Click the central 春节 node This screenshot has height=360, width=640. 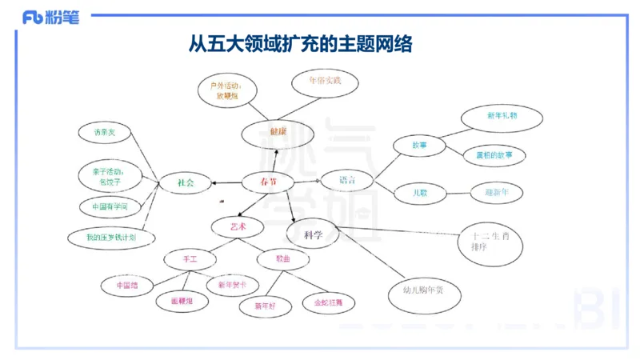pos(269,182)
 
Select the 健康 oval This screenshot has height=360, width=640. pos(277,133)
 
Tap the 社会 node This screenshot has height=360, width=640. pos(186,183)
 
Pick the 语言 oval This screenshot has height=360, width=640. pos(347,180)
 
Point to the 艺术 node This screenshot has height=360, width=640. pos(238,227)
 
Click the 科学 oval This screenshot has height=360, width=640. pos(313,234)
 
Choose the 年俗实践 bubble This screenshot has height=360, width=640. pos(324,82)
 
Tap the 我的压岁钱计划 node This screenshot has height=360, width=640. pos(110,237)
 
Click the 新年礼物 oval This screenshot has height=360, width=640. pos(502,117)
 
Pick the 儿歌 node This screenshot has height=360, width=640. pos(420,193)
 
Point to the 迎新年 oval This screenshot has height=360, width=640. pos(497,192)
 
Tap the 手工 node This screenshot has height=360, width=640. pos(190,259)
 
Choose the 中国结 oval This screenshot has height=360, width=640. pos(127,285)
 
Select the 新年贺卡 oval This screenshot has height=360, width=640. pos(232,285)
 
